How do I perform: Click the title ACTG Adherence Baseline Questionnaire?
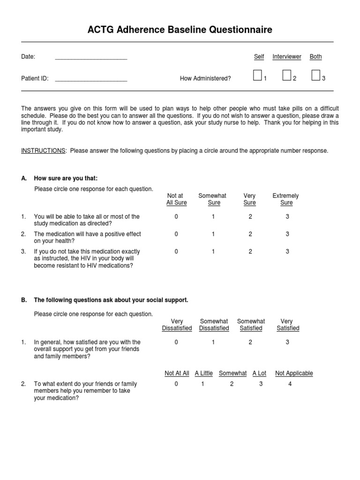point(180,30)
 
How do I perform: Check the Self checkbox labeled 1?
point(257,75)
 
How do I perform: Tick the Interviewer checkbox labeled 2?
point(287,75)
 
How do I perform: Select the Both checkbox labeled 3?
point(316,75)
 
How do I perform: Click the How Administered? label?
point(205,79)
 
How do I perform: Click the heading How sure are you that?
point(66,179)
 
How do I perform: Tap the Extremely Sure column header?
point(286,199)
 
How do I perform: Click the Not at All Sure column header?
point(176,199)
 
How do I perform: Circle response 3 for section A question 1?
point(287,217)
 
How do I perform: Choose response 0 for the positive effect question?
point(176,234)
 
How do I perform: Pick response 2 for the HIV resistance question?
point(250,252)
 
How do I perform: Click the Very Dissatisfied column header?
point(177,325)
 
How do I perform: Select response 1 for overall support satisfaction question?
point(213,342)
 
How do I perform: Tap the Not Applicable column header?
point(294,374)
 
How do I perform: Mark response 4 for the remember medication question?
point(290,384)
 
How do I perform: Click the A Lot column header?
point(259,374)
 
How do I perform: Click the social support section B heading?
point(111,300)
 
